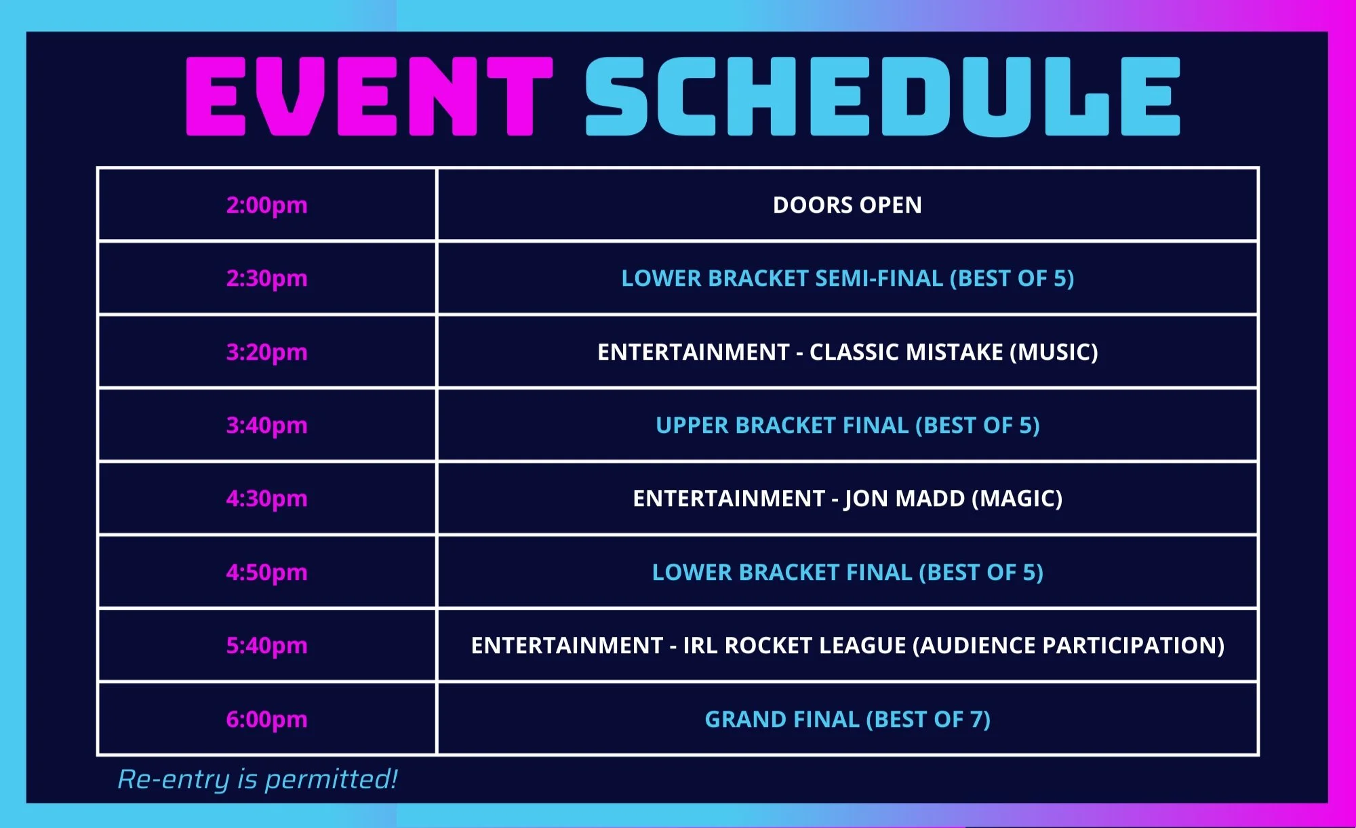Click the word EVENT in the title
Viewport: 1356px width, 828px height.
pos(370,96)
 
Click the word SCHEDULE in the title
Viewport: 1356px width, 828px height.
pos(883,96)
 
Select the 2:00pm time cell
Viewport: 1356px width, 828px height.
pos(266,205)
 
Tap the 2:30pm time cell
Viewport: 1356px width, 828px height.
pos(266,278)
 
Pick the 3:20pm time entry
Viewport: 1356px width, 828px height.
pos(266,352)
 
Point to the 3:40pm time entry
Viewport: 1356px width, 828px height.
pos(266,425)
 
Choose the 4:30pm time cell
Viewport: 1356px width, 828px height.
pos(266,498)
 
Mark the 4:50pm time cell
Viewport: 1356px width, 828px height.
pos(266,572)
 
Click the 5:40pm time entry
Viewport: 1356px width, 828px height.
pos(266,645)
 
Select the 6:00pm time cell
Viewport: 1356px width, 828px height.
pos(266,719)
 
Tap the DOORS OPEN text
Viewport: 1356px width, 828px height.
pos(848,205)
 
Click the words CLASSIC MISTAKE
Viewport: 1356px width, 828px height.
pos(906,352)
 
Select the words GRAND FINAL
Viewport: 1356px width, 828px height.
pos(782,719)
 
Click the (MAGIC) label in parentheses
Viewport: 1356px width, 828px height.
pos(1017,498)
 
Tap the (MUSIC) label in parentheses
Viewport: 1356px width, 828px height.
pos(1054,352)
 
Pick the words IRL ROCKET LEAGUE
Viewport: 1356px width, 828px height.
pos(794,645)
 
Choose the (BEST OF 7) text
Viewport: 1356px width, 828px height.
pos(928,719)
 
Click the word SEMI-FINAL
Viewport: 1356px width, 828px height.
pos(879,278)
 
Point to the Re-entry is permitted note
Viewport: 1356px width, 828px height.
pos(258,779)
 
